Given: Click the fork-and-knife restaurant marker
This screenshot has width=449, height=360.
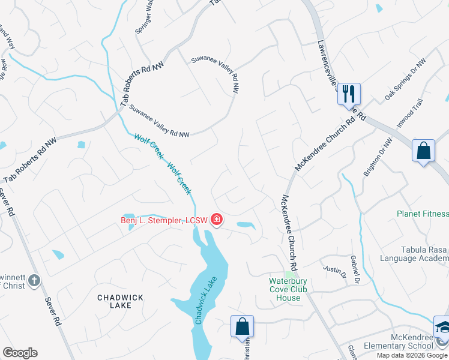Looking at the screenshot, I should (349, 94).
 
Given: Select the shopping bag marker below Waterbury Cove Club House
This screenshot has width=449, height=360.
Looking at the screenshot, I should (242, 326).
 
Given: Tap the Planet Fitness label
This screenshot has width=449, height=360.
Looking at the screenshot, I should (423, 214).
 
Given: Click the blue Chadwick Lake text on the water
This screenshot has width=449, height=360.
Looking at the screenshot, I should (205, 305).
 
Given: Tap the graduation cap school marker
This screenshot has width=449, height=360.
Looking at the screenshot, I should (443, 327).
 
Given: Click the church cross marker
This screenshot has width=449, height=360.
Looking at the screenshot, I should (35, 280).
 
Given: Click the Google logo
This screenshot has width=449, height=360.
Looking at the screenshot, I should (20, 353).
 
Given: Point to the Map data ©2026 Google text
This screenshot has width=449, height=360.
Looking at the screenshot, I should (412, 355).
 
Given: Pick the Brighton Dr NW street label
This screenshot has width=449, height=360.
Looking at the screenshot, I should (377, 157).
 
